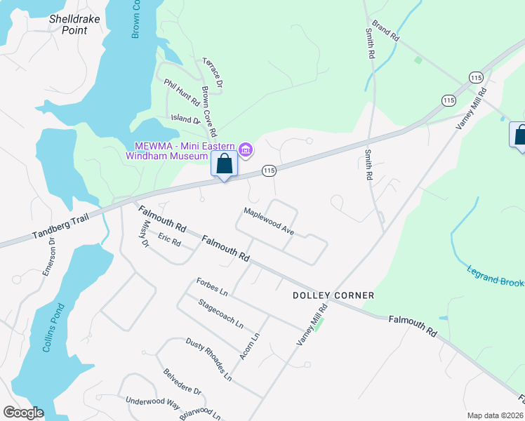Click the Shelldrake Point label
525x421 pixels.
coord(68,25)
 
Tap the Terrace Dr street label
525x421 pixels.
coord(213,73)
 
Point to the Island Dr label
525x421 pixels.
coord(186,119)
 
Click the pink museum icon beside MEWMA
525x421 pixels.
coord(246,149)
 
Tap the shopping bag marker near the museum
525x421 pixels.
coord(225,166)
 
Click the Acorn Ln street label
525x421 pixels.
coord(249,347)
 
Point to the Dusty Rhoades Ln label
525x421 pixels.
coord(208,359)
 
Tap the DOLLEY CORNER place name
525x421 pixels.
coord(333,295)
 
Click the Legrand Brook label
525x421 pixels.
coord(495,274)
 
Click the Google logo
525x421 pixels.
coord(23,413)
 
